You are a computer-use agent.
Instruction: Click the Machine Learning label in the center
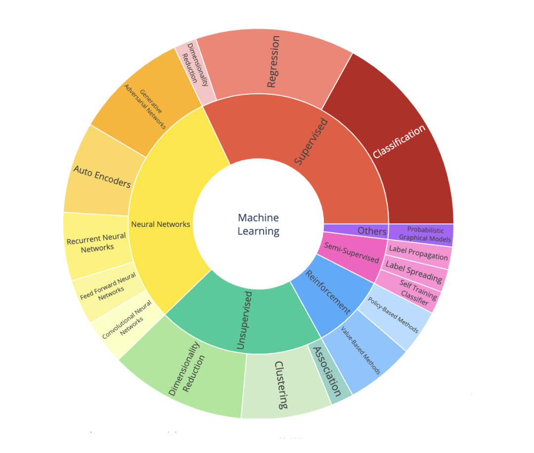258,224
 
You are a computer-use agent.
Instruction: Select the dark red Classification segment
399,142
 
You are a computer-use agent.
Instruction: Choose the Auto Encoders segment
102,177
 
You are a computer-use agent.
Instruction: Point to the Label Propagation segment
418,253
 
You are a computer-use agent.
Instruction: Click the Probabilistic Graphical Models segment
421,234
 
